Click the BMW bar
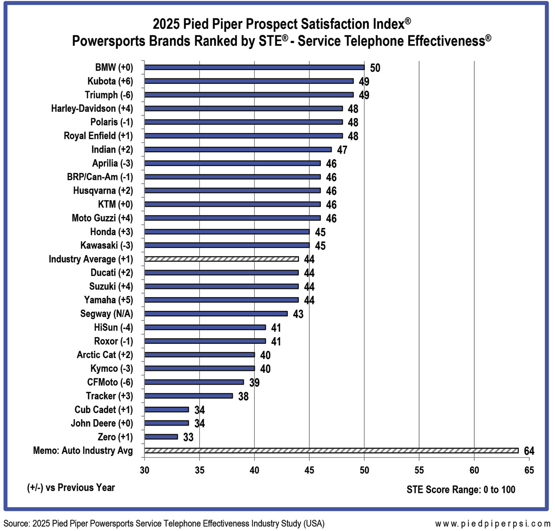[254, 67]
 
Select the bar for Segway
[216, 314]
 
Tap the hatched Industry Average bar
[221, 259]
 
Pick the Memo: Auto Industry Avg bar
[331, 451]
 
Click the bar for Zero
[161, 437]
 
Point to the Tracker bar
[189, 396]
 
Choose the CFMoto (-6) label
[110, 382]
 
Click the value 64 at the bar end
[529, 451]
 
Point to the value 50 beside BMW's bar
[375, 68]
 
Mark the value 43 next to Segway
[298, 315]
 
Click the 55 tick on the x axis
[419, 470]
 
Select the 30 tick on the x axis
[145, 470]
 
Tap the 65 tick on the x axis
[529, 470]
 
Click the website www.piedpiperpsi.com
[493, 524]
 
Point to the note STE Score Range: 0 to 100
[461, 490]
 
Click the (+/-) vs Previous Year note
[71, 488]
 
